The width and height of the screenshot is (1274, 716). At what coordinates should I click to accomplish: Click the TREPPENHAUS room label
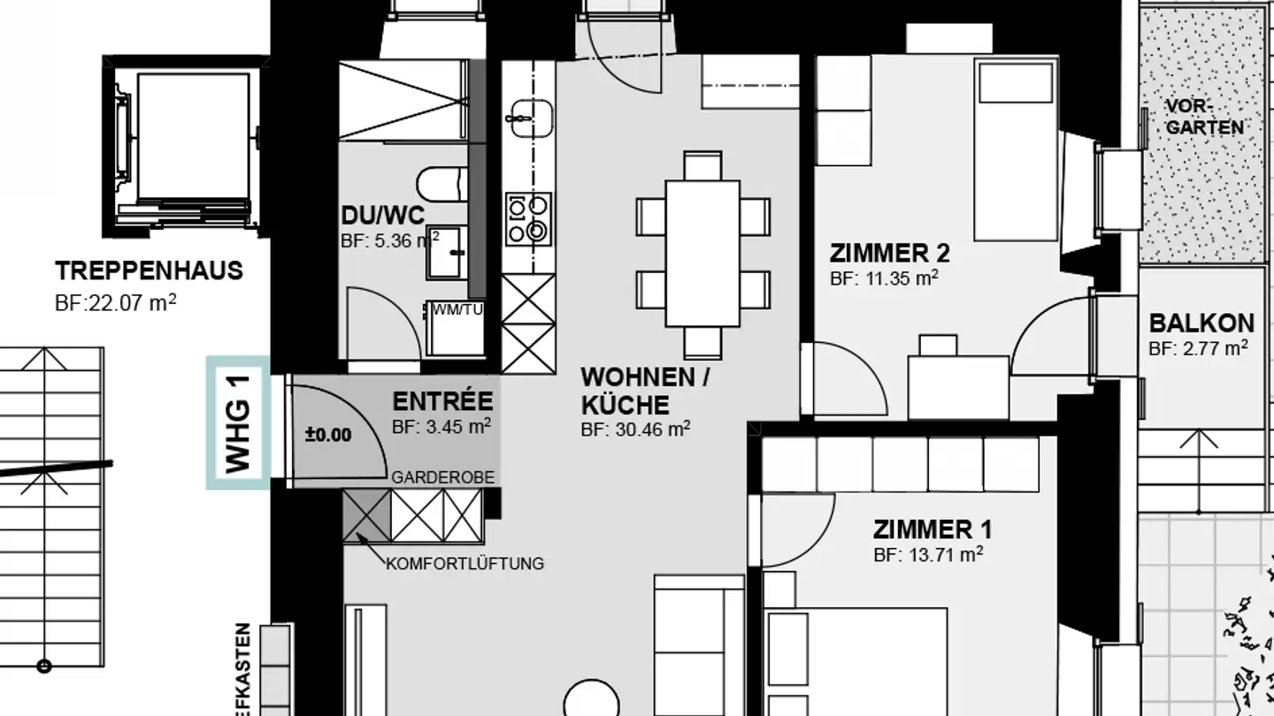click(149, 270)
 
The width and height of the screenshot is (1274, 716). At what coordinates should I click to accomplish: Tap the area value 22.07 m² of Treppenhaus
click(115, 304)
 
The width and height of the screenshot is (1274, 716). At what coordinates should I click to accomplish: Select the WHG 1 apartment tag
click(238, 423)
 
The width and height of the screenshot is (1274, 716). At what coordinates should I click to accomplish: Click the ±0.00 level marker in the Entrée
click(327, 435)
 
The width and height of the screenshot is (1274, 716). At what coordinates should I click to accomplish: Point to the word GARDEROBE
click(442, 478)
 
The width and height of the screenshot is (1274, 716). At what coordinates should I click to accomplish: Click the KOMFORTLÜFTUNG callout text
click(465, 563)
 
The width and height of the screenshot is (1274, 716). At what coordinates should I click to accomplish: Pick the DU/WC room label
click(383, 216)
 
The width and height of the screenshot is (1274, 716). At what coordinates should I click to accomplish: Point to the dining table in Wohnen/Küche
click(702, 253)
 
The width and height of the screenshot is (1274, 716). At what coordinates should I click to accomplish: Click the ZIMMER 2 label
click(889, 255)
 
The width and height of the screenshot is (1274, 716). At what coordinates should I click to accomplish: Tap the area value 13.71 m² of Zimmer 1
click(928, 555)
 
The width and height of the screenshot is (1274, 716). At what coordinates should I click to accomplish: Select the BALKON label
click(1201, 324)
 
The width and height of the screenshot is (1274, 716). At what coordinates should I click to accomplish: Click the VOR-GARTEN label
click(1204, 118)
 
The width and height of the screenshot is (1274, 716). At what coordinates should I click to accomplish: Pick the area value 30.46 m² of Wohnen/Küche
click(635, 430)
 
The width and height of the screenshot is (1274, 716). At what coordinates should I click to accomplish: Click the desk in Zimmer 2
click(958, 385)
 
